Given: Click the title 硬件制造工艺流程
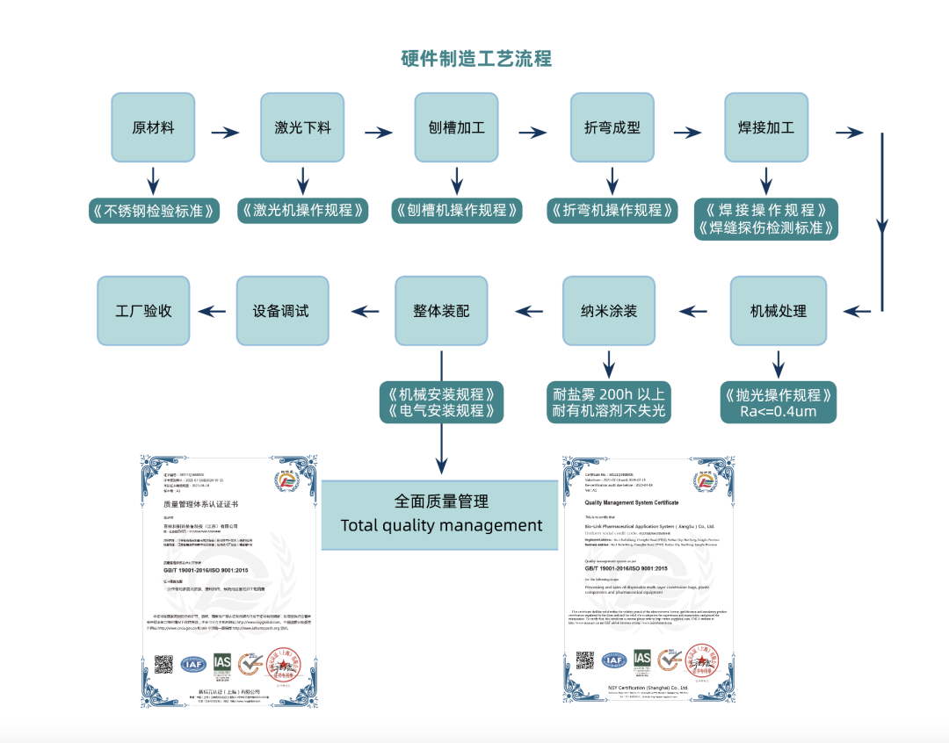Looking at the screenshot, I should [475, 59].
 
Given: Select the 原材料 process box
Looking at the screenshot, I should [153, 128].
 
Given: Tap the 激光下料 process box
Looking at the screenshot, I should [302, 128].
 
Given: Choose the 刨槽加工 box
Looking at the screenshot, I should [456, 128].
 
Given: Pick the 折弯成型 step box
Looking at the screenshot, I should [612, 128].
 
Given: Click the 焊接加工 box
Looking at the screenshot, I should [766, 128].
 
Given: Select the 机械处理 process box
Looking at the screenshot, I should [778, 311].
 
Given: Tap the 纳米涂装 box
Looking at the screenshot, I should [609, 311].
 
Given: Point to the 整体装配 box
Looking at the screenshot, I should [441, 311].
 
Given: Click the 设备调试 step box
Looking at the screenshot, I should [282, 311].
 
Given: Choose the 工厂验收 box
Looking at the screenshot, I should [143, 311].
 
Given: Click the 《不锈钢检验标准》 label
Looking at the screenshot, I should [153, 211].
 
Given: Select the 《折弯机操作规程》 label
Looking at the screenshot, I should [612, 211].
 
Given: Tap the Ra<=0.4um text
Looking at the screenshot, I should [778, 411].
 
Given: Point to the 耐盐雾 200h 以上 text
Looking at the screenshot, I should [609, 393].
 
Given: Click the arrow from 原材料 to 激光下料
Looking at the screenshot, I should [226, 133].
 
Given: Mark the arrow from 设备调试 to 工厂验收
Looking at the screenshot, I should [212, 311].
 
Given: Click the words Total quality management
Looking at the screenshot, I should [441, 525].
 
